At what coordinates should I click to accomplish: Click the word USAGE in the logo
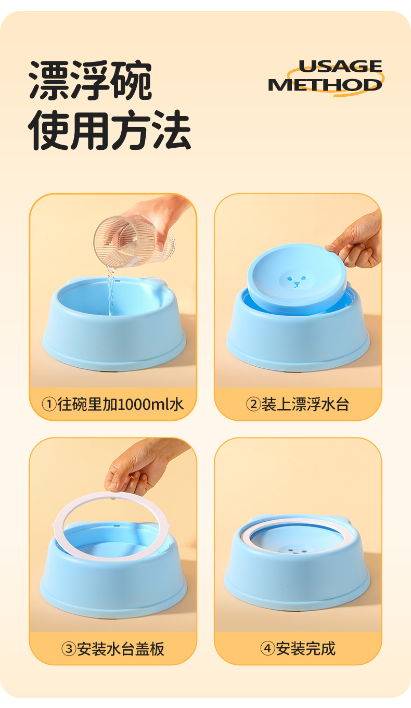click(340, 67)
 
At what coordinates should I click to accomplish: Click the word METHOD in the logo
click(325, 84)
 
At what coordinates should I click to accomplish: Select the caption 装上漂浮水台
click(305, 404)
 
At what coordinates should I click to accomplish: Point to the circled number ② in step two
click(253, 404)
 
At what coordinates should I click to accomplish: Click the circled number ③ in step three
click(69, 649)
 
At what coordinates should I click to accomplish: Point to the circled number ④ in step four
click(267, 649)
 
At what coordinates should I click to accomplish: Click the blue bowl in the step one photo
click(113, 338)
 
